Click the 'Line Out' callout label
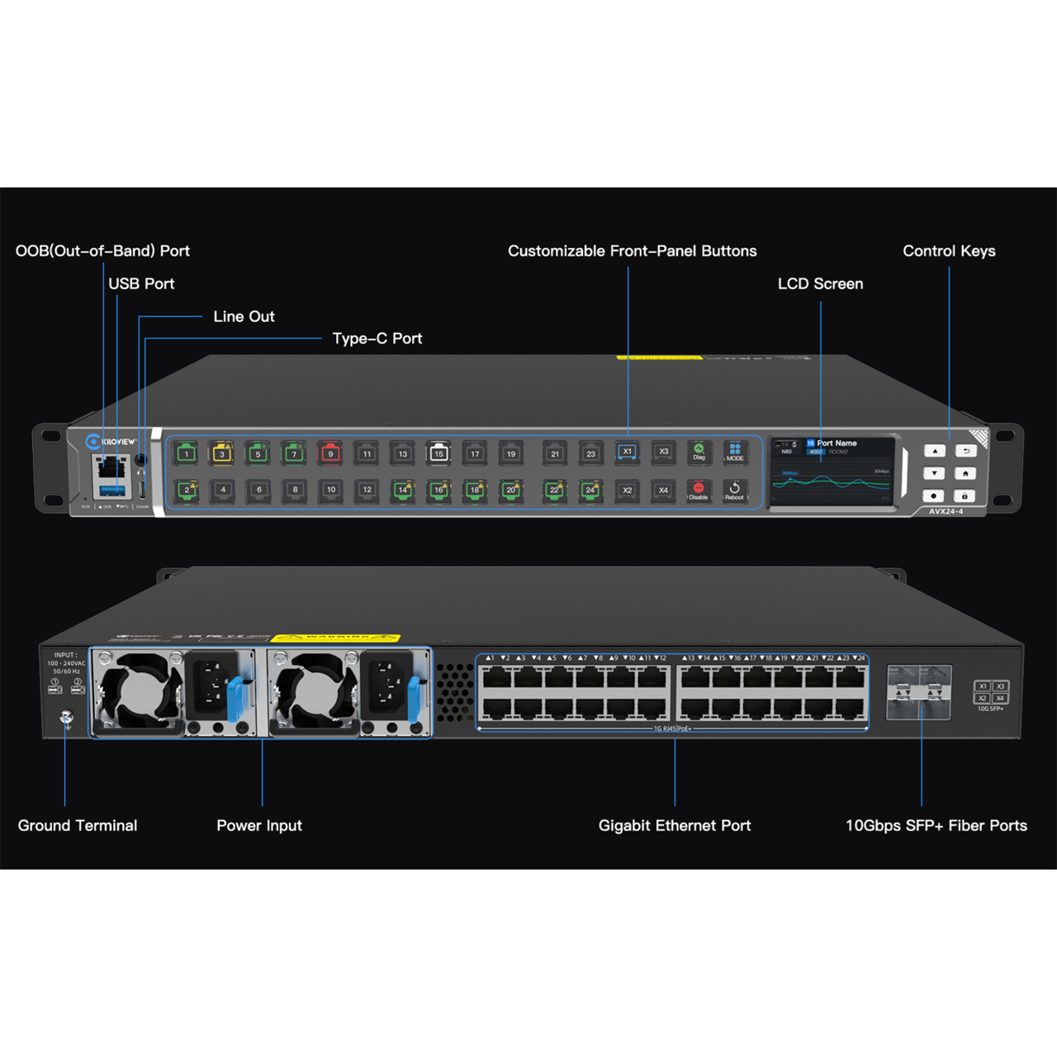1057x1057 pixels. pos(244,316)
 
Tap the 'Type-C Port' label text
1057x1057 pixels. pos(377,339)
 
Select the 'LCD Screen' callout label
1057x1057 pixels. pos(820,284)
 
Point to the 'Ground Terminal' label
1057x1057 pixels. pos(78,826)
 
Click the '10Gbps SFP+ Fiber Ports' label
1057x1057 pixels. pos(936,826)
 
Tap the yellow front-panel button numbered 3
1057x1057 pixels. pos(222,453)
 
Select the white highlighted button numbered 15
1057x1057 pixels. pos(438,453)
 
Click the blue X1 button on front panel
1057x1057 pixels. pos(627,452)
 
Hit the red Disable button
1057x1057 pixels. pos(699,491)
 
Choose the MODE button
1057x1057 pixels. pos(734,452)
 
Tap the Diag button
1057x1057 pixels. pos(699,452)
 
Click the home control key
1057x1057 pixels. pos(965,473)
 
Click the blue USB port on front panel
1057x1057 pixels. pos(111,491)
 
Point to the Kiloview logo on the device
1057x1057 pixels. pos(111,442)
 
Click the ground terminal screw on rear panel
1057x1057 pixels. pos(67,718)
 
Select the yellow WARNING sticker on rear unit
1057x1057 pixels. pos(335,638)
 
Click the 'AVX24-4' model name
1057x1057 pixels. pos(946,512)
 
